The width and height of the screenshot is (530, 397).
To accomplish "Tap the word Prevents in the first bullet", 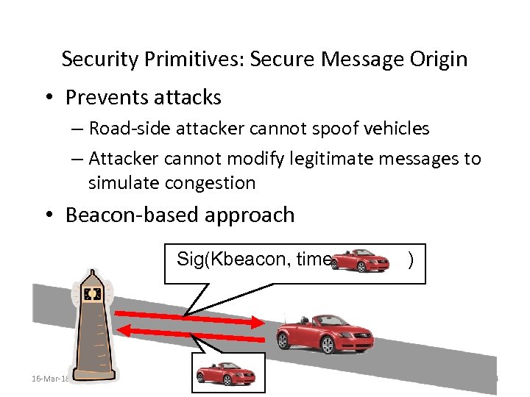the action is pyautogui.click(x=106, y=97).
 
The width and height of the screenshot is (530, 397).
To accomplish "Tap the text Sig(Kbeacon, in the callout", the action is pyautogui.click(x=224, y=259).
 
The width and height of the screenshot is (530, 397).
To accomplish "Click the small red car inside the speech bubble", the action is pyautogui.click(x=361, y=260).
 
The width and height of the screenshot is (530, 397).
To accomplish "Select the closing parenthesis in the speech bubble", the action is pyautogui.click(x=410, y=259).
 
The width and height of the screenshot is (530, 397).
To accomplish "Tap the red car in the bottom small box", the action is pyautogui.click(x=227, y=374).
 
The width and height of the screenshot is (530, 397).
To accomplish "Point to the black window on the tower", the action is pyautogui.click(x=92, y=294).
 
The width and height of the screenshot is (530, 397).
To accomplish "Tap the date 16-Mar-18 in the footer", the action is pyautogui.click(x=49, y=379).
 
